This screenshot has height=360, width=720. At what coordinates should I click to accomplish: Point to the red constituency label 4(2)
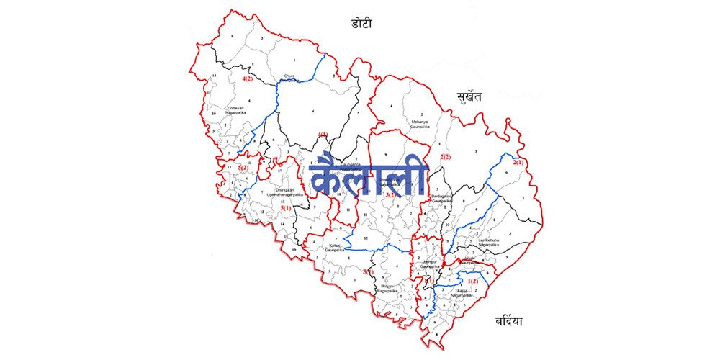point(247,78)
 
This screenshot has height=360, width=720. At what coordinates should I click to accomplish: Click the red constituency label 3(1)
point(367,271)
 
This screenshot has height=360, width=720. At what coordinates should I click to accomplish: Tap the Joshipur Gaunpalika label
point(430,264)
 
